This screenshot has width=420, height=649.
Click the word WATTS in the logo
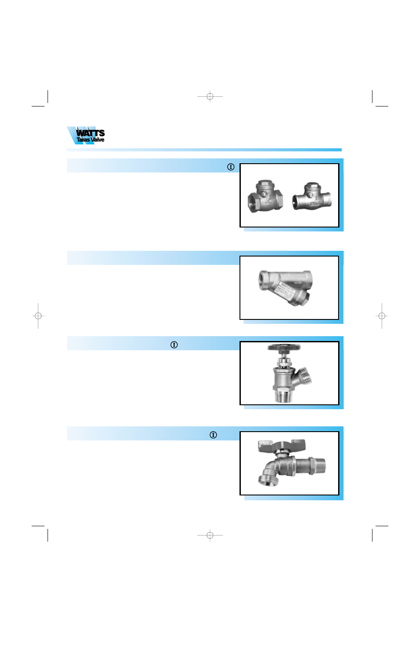click(90, 133)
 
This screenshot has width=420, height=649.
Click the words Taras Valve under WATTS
click(90, 140)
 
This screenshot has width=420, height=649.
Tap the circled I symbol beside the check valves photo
click(231, 167)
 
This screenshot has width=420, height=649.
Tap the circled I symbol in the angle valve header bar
click(174, 345)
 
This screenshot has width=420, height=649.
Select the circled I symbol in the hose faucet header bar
click(213, 435)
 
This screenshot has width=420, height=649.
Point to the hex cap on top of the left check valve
click(265, 183)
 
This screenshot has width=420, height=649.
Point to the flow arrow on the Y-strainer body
click(298, 283)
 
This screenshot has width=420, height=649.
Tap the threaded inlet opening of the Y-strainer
click(264, 280)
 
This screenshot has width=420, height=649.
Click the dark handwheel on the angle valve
click(284, 348)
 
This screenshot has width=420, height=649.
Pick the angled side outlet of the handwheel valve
click(303, 376)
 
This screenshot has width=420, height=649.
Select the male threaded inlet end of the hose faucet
click(319, 466)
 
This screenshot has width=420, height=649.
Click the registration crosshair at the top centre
click(210, 96)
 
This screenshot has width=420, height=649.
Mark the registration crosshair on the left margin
click(38, 315)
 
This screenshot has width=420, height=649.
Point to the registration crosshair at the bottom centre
click(210, 535)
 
